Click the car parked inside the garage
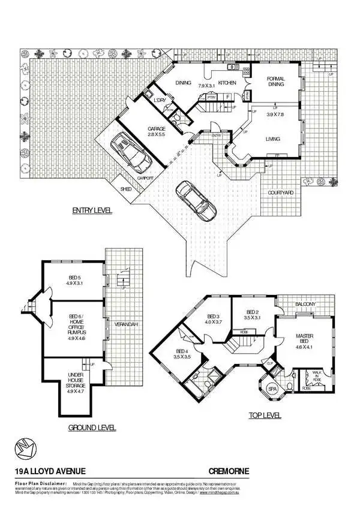point(131,152)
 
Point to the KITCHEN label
point(227,82)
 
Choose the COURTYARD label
point(280,192)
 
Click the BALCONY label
point(305,305)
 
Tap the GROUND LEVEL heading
point(91,428)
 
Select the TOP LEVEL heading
point(265,415)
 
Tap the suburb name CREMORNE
point(229,472)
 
